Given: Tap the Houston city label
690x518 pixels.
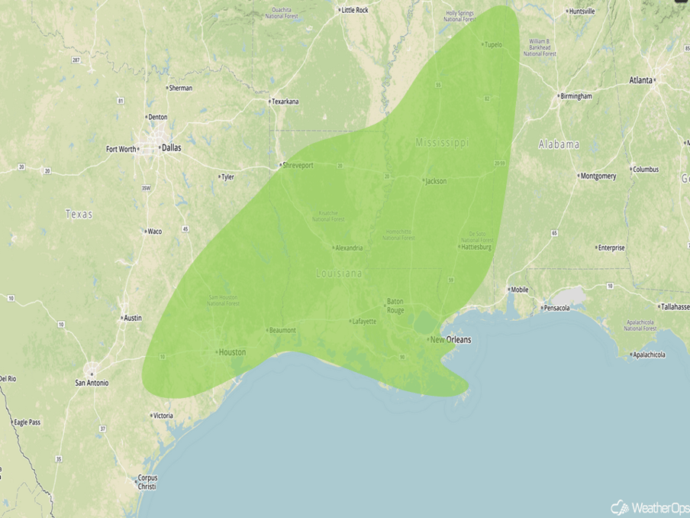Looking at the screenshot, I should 232,352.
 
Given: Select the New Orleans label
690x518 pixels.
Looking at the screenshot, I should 450,339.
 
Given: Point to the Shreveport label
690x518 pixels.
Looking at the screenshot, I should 298,165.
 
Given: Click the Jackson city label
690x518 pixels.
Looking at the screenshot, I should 436,181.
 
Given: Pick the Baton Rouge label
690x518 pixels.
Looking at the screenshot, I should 395,305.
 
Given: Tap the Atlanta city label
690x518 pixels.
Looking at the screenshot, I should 641,80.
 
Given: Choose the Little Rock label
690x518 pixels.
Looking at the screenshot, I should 355,10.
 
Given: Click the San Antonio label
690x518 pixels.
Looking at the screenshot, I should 91,382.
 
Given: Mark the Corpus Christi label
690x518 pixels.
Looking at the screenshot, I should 147,481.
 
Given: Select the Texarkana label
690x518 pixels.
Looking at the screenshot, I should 286,102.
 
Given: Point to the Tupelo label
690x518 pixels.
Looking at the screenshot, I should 493,44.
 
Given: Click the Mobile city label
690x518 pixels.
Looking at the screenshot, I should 519,290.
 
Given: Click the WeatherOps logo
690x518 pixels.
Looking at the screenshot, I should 650,507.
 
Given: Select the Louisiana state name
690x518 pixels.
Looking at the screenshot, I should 340,273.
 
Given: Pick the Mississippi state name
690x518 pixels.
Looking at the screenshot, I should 443,142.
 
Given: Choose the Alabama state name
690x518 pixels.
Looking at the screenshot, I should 559,144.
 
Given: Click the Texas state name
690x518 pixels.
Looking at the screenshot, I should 79,214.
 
